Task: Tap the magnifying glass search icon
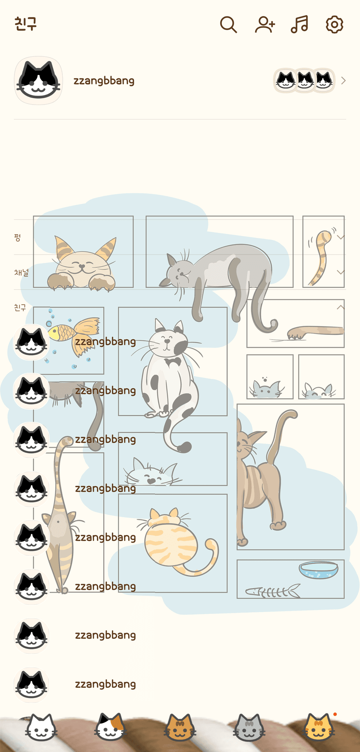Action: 228,25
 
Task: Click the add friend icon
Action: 265,25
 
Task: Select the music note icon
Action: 300,25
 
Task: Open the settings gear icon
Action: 335,25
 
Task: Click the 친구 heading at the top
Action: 25,23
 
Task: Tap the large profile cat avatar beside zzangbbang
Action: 38,81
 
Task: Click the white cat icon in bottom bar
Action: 41,728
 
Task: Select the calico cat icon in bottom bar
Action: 110,728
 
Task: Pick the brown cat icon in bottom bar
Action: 180,728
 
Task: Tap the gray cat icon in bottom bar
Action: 249,728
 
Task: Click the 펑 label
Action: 17,237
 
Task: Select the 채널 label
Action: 22,272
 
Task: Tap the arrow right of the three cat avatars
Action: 344,81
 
